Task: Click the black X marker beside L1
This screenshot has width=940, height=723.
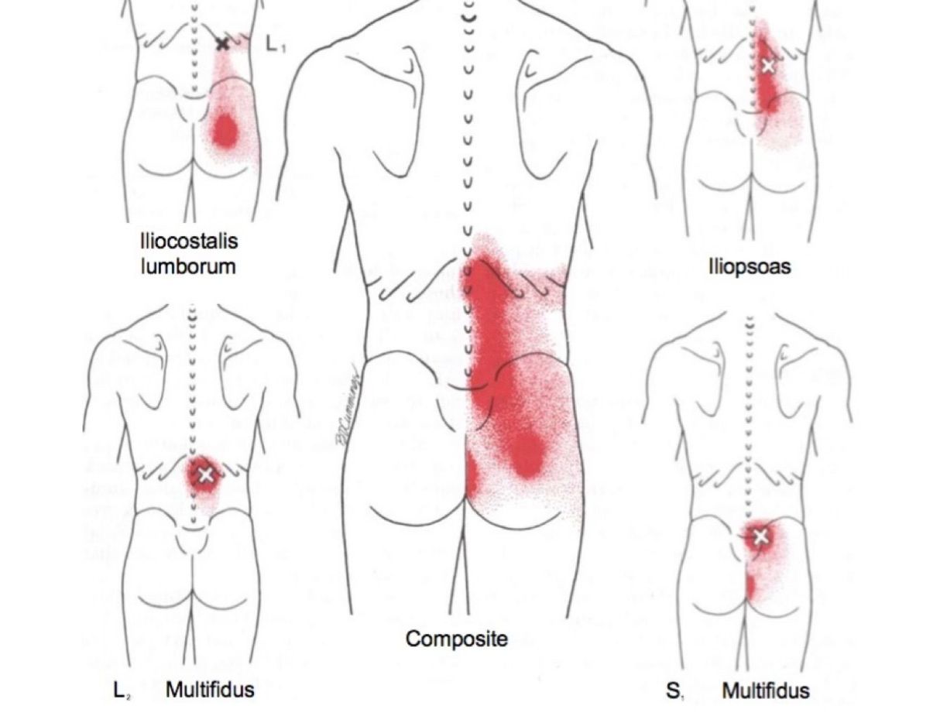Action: (223, 44)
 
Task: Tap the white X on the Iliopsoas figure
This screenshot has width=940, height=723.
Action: (767, 66)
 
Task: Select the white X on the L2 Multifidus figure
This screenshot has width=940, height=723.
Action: (205, 475)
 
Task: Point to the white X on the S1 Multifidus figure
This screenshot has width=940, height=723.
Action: (760, 536)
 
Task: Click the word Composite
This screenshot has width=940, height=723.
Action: (457, 639)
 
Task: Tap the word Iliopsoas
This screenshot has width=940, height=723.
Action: (749, 267)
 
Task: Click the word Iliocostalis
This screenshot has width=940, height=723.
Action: (189, 241)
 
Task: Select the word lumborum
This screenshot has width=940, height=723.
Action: (188, 267)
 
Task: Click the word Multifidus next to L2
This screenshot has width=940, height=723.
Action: (210, 689)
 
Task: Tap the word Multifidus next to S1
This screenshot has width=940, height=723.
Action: (766, 690)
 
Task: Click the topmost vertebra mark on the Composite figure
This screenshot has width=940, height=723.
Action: (468, 13)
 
